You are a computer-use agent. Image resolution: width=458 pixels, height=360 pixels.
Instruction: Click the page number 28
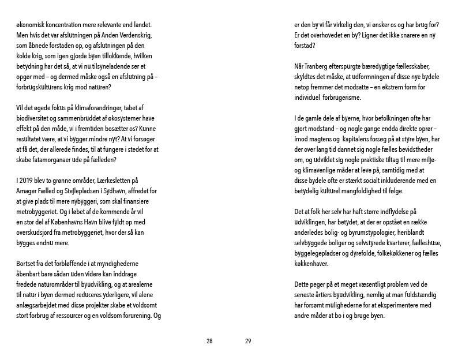click(209, 341)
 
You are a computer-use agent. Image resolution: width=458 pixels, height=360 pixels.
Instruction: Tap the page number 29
click(248, 341)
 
